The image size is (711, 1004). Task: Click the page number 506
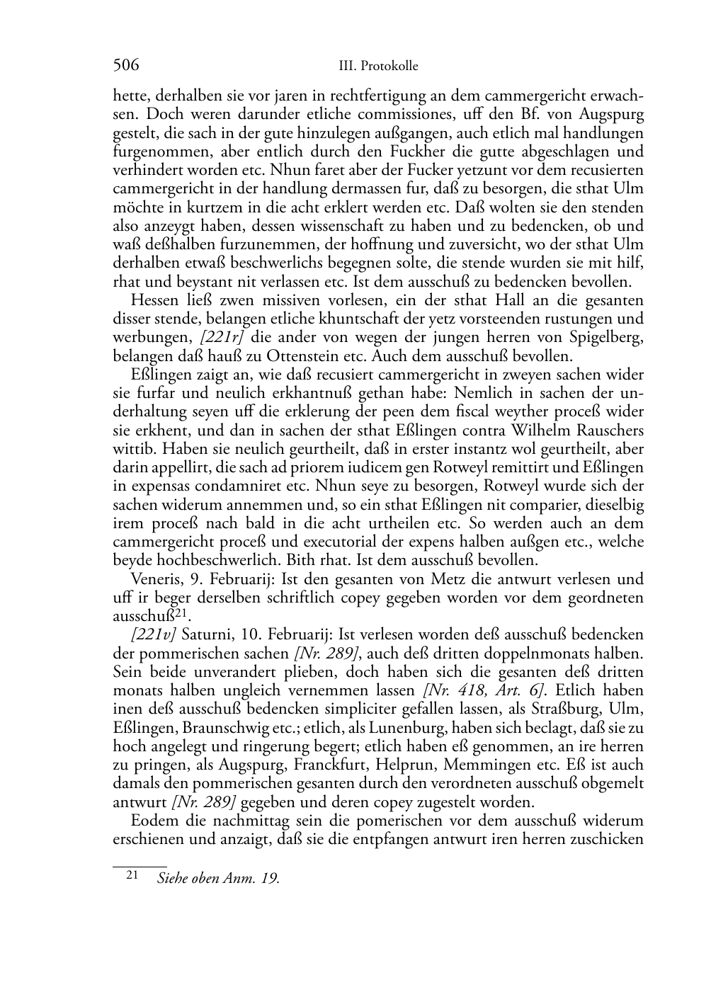(x=125, y=66)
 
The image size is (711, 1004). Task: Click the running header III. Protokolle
(x=378, y=67)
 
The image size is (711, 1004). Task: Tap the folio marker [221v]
(x=154, y=634)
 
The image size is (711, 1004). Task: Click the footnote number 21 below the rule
(x=132, y=876)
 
